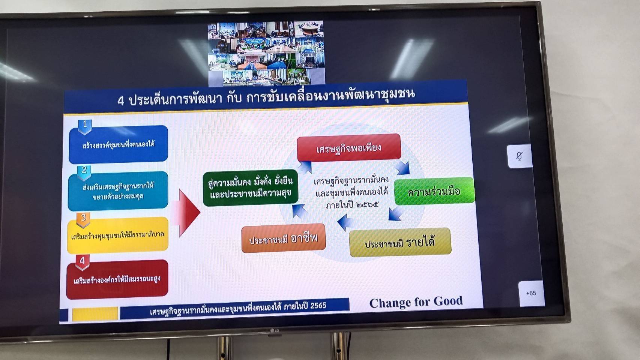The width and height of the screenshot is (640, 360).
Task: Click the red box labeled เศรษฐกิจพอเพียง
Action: pyautogui.click(x=349, y=148)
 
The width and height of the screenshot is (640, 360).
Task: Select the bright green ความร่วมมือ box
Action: pyautogui.click(x=434, y=192)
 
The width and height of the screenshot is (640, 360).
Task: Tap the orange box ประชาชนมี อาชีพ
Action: pyautogui.click(x=283, y=238)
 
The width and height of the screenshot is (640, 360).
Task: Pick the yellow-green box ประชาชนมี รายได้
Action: pyautogui.click(x=400, y=243)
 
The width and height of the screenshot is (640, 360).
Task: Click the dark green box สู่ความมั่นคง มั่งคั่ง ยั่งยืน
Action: pyautogui.click(x=250, y=188)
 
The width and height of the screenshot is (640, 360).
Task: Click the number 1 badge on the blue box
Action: pyautogui.click(x=85, y=125)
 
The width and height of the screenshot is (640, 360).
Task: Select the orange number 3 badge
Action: pyautogui.click(x=83, y=219)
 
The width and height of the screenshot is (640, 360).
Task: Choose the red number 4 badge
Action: pyautogui.click(x=82, y=261)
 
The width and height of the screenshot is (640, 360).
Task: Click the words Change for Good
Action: pyautogui.click(x=416, y=302)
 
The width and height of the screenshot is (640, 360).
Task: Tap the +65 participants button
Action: pyautogui.click(x=531, y=293)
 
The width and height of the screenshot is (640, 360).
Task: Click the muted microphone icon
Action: pyautogui.click(x=519, y=156)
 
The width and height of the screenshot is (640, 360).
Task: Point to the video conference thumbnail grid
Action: pyautogui.click(x=266, y=53)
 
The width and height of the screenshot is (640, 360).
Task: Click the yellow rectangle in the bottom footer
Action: pyautogui.click(x=95, y=314)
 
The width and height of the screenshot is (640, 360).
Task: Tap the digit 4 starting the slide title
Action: pyautogui.click(x=121, y=100)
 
